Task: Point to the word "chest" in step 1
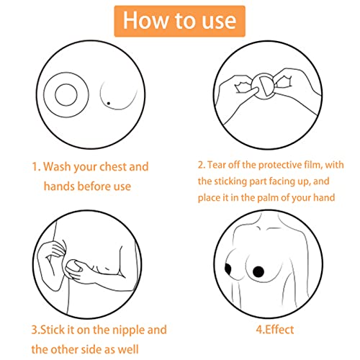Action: click(x=127, y=166)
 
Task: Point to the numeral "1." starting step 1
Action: click(x=36, y=166)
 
